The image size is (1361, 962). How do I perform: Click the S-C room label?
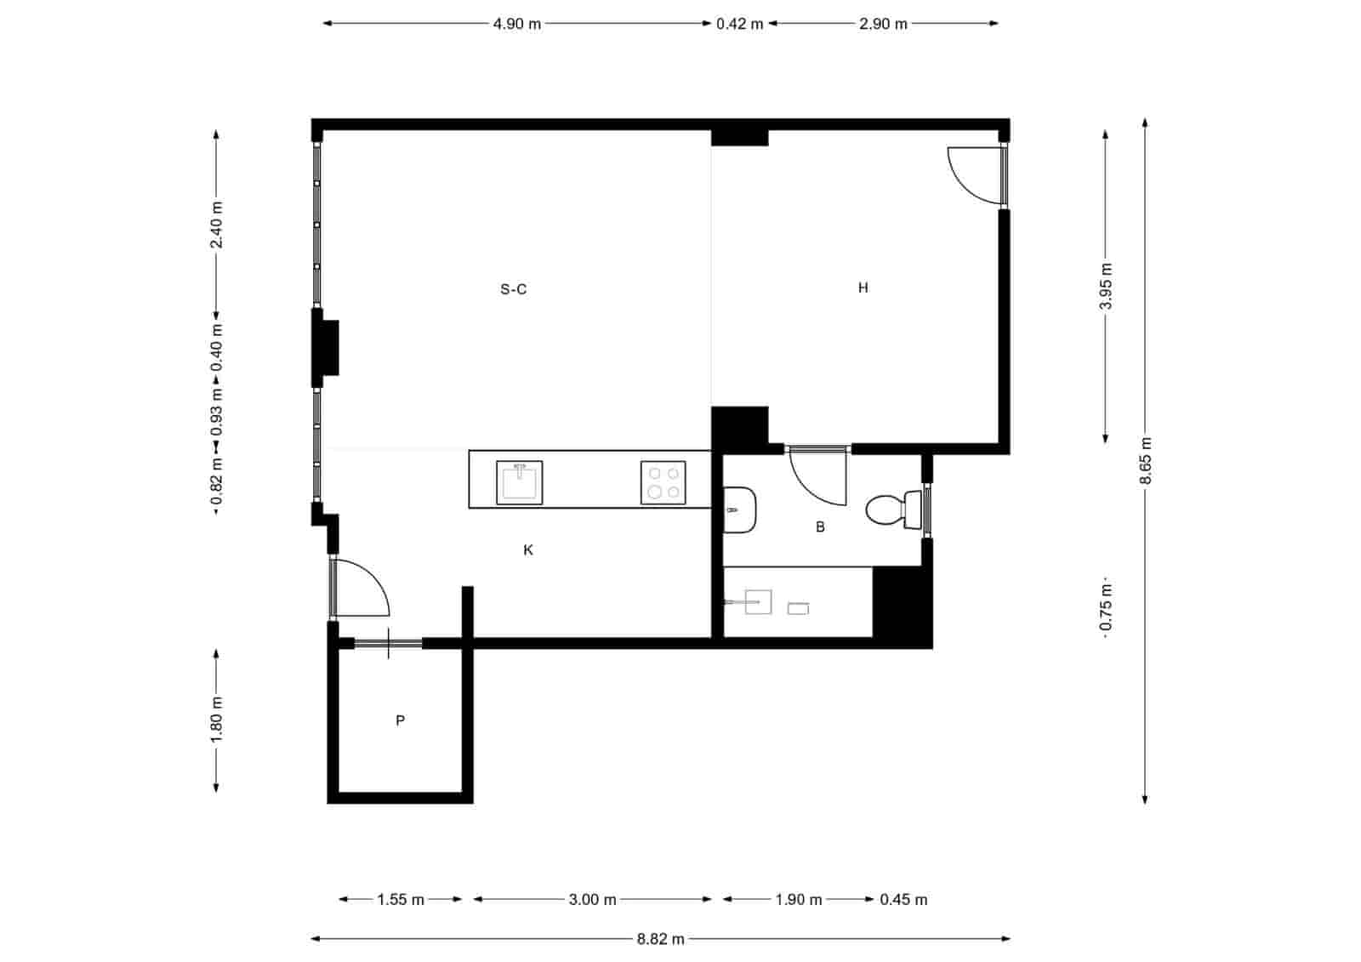(x=513, y=289)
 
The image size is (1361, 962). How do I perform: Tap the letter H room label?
(x=863, y=287)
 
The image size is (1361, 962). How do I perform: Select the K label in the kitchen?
(x=528, y=550)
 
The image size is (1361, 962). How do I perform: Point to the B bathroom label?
(x=820, y=527)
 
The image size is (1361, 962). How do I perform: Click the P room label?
(x=400, y=720)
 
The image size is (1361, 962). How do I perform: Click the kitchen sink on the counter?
(x=519, y=482)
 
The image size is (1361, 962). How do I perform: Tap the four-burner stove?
(x=663, y=483)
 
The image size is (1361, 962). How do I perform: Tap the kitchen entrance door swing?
(x=362, y=587)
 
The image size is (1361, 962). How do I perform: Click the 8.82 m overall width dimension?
(x=660, y=939)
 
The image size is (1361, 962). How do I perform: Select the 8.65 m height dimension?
(x=1146, y=460)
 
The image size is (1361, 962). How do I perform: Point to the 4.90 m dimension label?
(x=516, y=24)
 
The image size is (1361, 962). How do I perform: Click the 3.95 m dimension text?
(x=1106, y=287)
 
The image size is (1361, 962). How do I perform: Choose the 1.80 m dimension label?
(x=216, y=720)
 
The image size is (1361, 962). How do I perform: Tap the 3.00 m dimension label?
(x=592, y=899)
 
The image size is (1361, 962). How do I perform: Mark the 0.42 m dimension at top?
(x=739, y=24)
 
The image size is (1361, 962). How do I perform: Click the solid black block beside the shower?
(x=902, y=606)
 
